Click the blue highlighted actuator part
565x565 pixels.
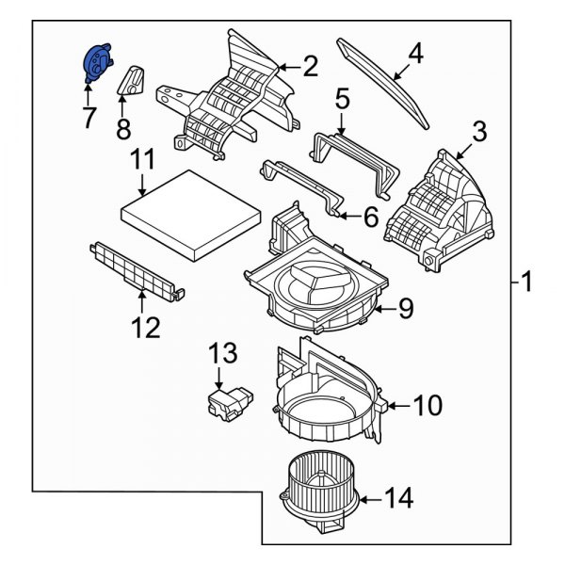click(x=96, y=64)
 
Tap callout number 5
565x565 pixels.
click(x=342, y=97)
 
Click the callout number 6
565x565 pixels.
click(x=370, y=218)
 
